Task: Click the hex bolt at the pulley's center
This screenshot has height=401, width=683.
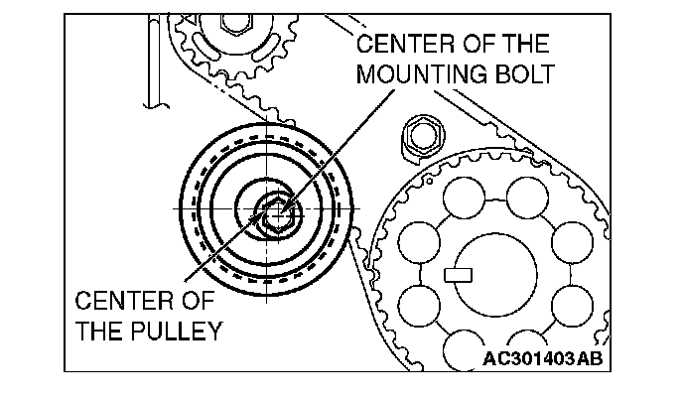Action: (274, 212)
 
